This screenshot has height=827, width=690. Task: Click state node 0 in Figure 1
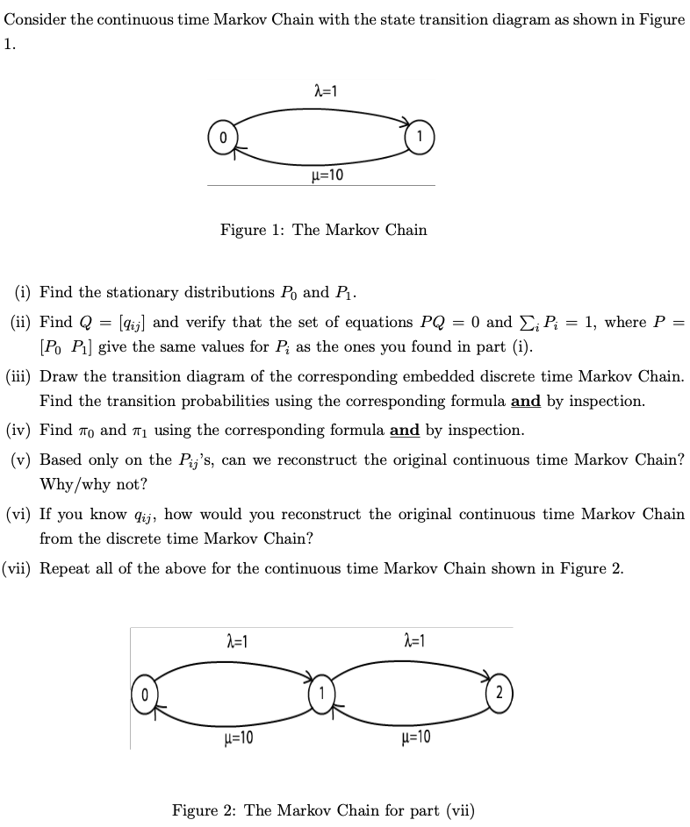tap(223, 138)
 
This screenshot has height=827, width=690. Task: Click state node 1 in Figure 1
tap(420, 136)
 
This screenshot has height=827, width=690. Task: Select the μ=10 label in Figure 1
tap(327, 175)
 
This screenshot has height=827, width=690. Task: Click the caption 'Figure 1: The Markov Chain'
tap(323, 230)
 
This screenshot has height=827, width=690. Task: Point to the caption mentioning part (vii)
tap(323, 809)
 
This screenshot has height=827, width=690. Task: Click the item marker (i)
tap(25, 292)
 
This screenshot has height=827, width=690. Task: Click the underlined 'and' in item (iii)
tap(525, 402)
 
